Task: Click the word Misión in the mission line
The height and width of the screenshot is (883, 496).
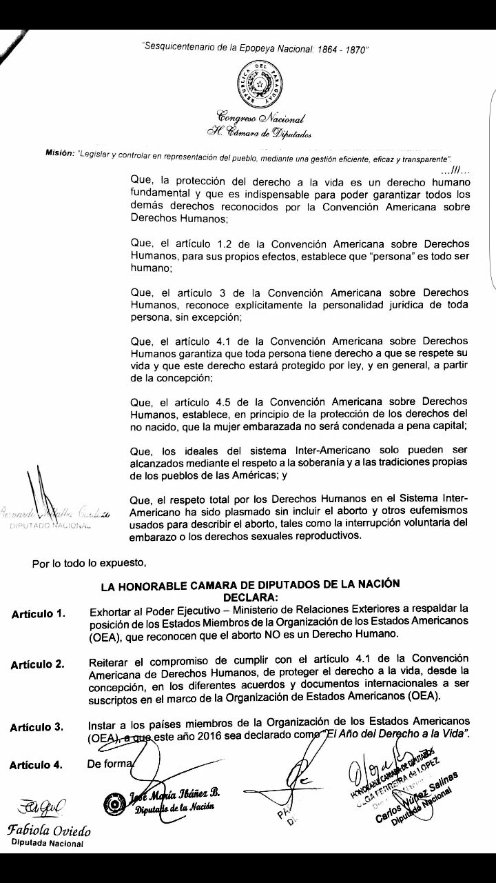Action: [59, 153]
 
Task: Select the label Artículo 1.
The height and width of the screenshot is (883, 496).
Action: [39, 614]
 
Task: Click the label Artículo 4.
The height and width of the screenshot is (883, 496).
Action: [39, 765]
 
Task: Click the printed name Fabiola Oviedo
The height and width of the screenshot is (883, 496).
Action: [48, 831]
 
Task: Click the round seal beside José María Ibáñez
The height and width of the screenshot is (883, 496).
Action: [114, 802]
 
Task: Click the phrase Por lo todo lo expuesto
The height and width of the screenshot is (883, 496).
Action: [89, 562]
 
